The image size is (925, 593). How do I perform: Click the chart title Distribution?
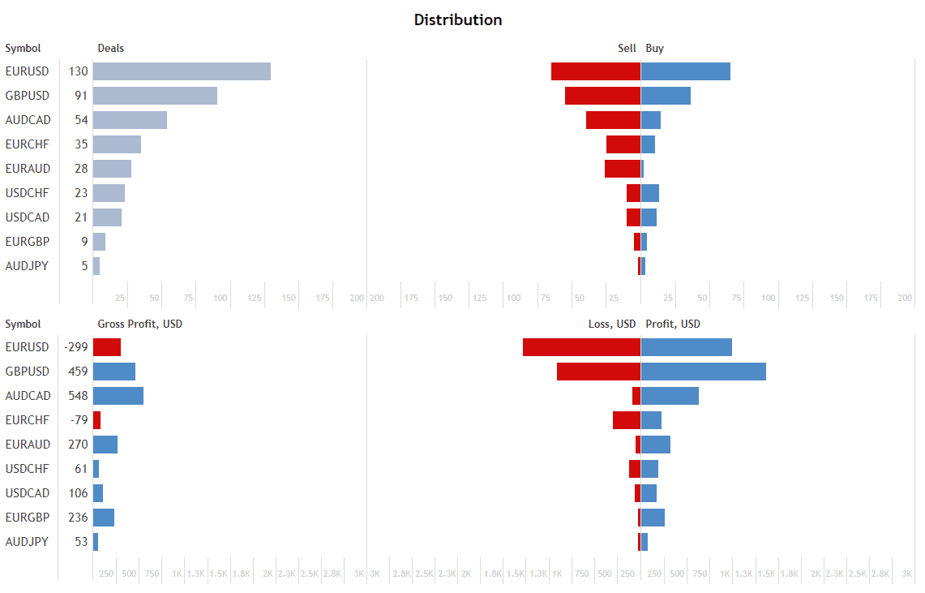[458, 20]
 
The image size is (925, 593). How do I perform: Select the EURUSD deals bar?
[182, 71]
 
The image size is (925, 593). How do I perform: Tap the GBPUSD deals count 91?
[80, 96]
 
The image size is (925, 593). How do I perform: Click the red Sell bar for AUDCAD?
[613, 120]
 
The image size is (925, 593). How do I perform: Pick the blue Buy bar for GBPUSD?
[666, 96]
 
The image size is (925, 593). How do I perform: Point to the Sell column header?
[627, 49]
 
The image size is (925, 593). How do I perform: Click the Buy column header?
[655, 49]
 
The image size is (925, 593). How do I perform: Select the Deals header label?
[111, 49]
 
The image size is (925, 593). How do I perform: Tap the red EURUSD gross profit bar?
[107, 347]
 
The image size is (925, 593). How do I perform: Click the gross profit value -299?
[76, 347]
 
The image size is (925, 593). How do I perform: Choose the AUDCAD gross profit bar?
[118, 396]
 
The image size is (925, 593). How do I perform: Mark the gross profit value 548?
[79, 396]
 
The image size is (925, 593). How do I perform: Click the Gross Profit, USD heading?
[140, 324]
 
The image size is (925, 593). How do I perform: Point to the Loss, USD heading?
[612, 324]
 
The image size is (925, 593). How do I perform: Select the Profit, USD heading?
[673, 324]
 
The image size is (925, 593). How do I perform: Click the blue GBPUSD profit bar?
[704, 372]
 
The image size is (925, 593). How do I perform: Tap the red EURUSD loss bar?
[581, 347]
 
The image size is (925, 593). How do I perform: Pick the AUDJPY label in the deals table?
[28, 266]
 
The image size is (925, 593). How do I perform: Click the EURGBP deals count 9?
[84, 242]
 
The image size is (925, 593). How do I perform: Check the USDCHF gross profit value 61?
[81, 469]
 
